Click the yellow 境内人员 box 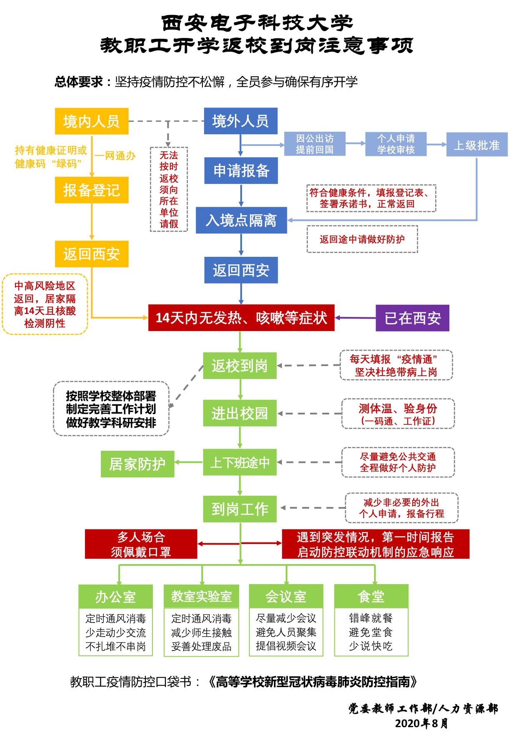[92, 121]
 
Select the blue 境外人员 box [240, 121]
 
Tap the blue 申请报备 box [241, 171]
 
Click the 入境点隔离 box [241, 220]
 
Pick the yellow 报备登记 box [92, 190]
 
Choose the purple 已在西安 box [412, 318]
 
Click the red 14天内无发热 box [241, 318]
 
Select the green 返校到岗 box [239, 366]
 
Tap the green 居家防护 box [137, 464]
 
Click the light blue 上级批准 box [476, 145]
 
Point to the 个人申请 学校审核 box [396, 144]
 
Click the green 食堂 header [371, 596]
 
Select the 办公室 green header [115, 597]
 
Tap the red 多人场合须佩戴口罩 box [141, 544]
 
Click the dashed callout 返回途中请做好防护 [362, 239]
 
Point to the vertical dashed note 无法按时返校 [169, 189]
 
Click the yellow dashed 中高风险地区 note [45, 304]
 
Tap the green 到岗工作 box [239, 509]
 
